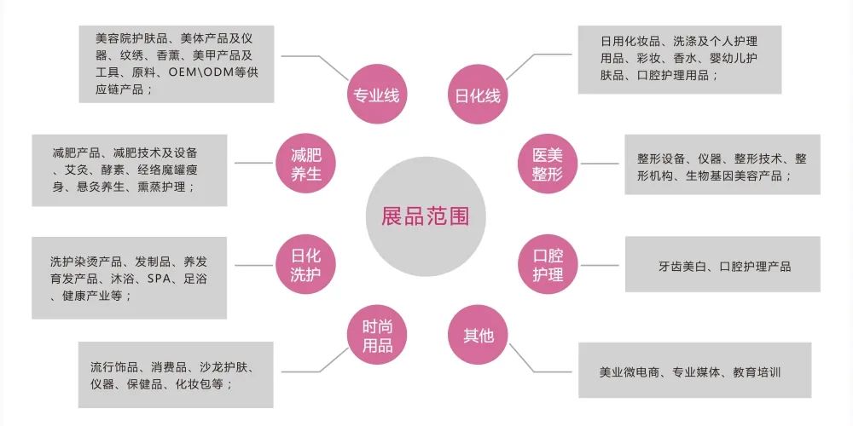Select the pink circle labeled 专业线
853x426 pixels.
(376, 95)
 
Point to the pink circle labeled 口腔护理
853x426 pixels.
(548, 265)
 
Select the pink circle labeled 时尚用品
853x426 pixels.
(376, 335)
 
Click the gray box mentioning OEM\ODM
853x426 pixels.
(176, 64)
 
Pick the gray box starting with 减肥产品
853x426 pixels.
(130, 170)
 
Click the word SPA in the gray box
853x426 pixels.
(160, 279)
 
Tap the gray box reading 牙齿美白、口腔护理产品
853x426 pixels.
(722, 266)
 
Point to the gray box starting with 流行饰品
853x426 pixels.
(176, 375)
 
